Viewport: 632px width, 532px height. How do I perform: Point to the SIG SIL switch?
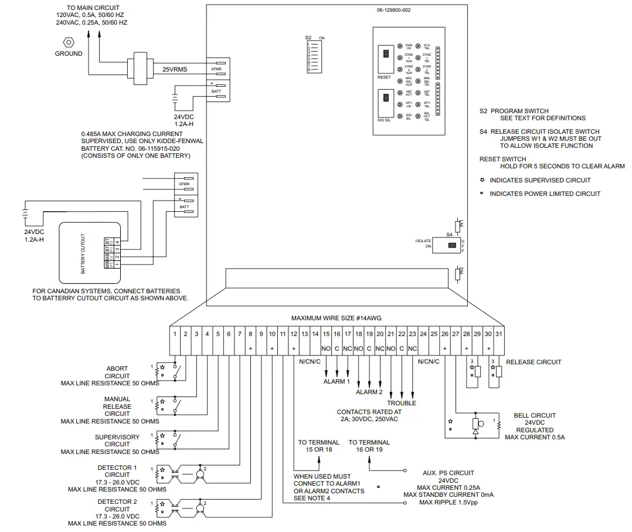click(385, 100)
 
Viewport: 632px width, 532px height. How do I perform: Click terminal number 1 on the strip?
click(175, 334)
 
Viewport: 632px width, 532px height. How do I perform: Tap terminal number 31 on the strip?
click(498, 334)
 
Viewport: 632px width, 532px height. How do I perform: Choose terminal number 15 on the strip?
click(327, 334)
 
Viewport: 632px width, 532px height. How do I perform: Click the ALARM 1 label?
click(337, 381)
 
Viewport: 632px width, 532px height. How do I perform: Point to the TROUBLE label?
click(402, 403)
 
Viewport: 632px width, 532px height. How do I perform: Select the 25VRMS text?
click(175, 69)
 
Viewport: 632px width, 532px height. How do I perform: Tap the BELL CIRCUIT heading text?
click(534, 415)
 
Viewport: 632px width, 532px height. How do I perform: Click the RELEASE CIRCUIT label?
click(534, 362)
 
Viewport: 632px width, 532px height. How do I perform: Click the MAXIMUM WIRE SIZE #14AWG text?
click(337, 317)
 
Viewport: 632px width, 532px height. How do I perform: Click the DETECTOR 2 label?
click(117, 501)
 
